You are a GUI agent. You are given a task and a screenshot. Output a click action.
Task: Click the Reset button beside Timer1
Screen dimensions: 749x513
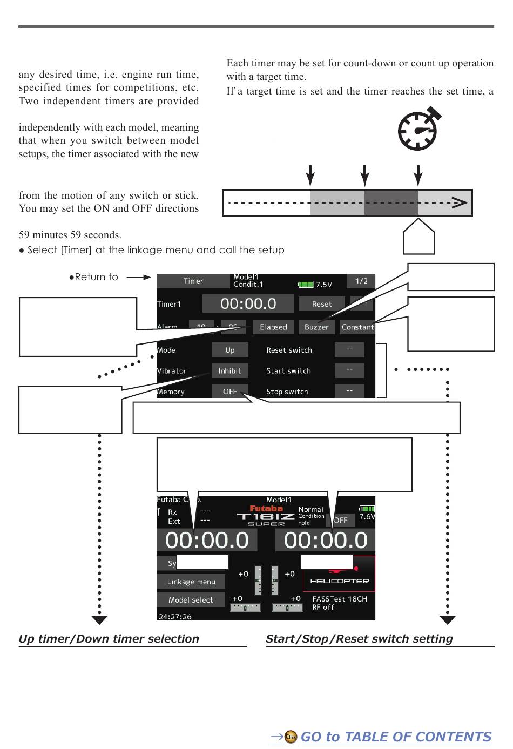coord(321,304)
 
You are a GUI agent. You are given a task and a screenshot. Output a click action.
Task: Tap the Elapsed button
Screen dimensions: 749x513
coord(273,327)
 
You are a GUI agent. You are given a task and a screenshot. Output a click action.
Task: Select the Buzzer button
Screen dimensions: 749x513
coord(316,327)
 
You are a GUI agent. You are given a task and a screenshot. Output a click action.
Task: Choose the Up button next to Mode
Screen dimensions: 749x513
coord(230,350)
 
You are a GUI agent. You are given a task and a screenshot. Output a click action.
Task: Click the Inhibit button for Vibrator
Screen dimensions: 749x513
coord(230,371)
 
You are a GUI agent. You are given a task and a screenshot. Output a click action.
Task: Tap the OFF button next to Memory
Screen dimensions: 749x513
coord(230,392)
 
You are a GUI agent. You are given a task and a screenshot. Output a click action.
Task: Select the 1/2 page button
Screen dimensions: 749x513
coord(361,281)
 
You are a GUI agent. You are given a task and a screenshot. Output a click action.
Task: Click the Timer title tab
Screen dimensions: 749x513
coord(193,281)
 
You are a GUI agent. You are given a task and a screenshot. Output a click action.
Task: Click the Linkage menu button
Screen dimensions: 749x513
coord(191,582)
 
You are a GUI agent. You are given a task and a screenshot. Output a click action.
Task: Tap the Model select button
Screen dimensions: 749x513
coord(191,600)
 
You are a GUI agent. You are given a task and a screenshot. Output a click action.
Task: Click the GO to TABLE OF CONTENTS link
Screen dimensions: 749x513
coord(396,737)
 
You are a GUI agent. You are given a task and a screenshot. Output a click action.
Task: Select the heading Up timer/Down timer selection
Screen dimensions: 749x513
coord(109,639)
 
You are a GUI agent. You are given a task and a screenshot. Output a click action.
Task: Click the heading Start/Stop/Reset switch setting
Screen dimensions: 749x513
coord(359,639)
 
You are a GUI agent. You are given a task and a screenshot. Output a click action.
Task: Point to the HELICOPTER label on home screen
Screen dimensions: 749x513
coord(339,581)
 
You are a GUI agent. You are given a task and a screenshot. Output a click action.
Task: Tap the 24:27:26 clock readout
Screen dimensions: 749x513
coord(175,616)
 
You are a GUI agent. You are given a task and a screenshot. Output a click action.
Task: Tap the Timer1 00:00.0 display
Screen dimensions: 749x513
coord(248,303)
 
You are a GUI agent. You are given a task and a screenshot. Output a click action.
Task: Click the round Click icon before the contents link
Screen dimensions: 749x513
coord(291,737)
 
